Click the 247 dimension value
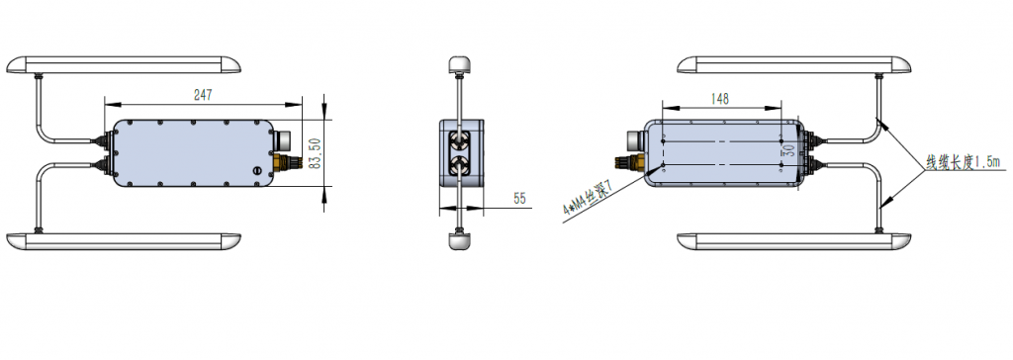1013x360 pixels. tap(203, 95)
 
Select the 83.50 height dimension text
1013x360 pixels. tap(315, 153)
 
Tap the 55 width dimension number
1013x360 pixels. tap(520, 199)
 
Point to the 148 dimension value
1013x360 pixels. tap(720, 99)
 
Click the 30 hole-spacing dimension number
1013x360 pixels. tap(788, 150)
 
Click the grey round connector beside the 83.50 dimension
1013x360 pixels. tap(283, 140)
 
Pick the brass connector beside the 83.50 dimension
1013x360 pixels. tap(286, 162)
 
